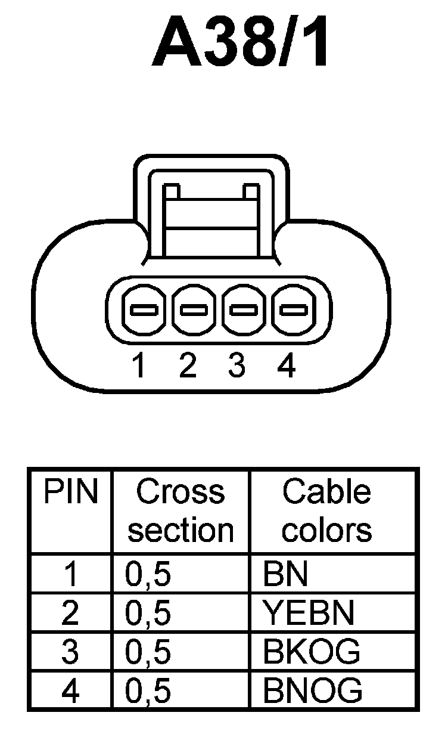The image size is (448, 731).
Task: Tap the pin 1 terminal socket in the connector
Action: click(144, 309)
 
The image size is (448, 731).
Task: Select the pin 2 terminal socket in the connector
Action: click(194, 309)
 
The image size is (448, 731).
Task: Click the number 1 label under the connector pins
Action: click(139, 366)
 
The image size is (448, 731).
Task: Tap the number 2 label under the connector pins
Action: click(187, 366)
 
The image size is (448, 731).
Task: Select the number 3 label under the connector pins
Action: click(237, 366)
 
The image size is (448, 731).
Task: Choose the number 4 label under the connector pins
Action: click(287, 366)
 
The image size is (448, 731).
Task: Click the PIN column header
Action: click(70, 493)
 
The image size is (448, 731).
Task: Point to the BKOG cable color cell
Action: click(311, 652)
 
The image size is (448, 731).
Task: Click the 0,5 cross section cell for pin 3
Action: click(148, 652)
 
